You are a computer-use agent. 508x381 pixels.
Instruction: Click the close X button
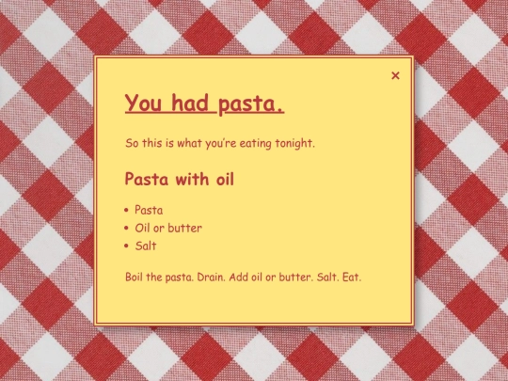[395, 75]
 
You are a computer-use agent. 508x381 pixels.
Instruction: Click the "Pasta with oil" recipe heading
[179, 178]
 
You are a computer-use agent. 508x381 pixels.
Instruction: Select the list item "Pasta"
[149, 210]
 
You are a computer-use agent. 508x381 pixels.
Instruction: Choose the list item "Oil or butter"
[167, 228]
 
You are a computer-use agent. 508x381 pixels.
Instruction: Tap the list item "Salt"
[145, 246]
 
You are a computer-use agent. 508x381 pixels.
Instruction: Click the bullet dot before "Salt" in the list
[127, 246]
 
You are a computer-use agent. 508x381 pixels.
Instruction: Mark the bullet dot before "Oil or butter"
[127, 229]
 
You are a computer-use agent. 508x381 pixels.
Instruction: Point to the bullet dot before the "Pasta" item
[127, 211]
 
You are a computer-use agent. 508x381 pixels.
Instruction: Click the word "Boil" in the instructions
[135, 278]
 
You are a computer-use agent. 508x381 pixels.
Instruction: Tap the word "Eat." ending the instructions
[352, 278]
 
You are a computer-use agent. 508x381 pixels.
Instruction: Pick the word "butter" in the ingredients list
[185, 228]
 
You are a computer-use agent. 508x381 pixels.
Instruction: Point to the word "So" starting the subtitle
[132, 144]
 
